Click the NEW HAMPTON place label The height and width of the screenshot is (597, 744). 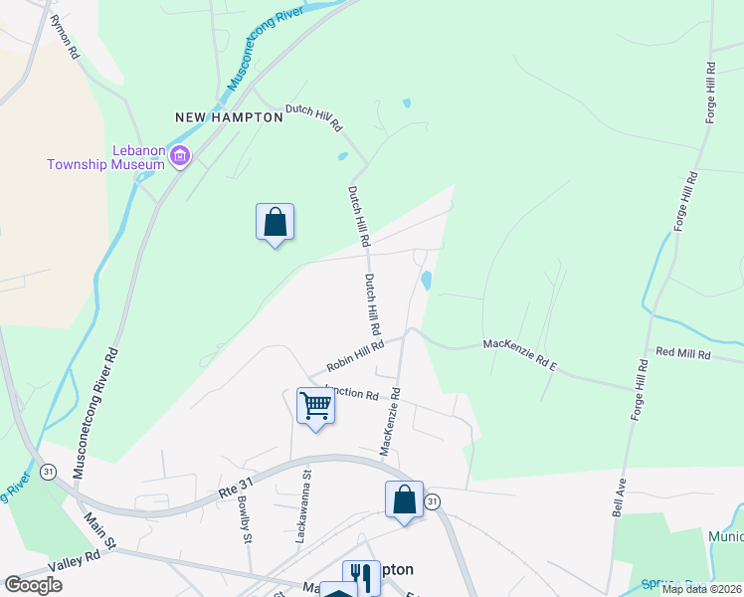pos(229,116)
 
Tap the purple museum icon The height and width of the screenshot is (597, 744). pos(180,156)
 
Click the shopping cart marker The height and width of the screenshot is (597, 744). pos(315,406)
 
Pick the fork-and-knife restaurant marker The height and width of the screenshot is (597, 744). pos(361,576)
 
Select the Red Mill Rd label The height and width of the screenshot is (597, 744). pos(683,353)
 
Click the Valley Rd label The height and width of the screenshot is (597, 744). pos(81,561)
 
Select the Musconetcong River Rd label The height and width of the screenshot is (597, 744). pos(99,409)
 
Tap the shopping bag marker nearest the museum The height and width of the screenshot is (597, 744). pos(275,222)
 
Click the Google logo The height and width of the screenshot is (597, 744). pos(33,585)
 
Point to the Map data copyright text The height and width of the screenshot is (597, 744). pos(701,589)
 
